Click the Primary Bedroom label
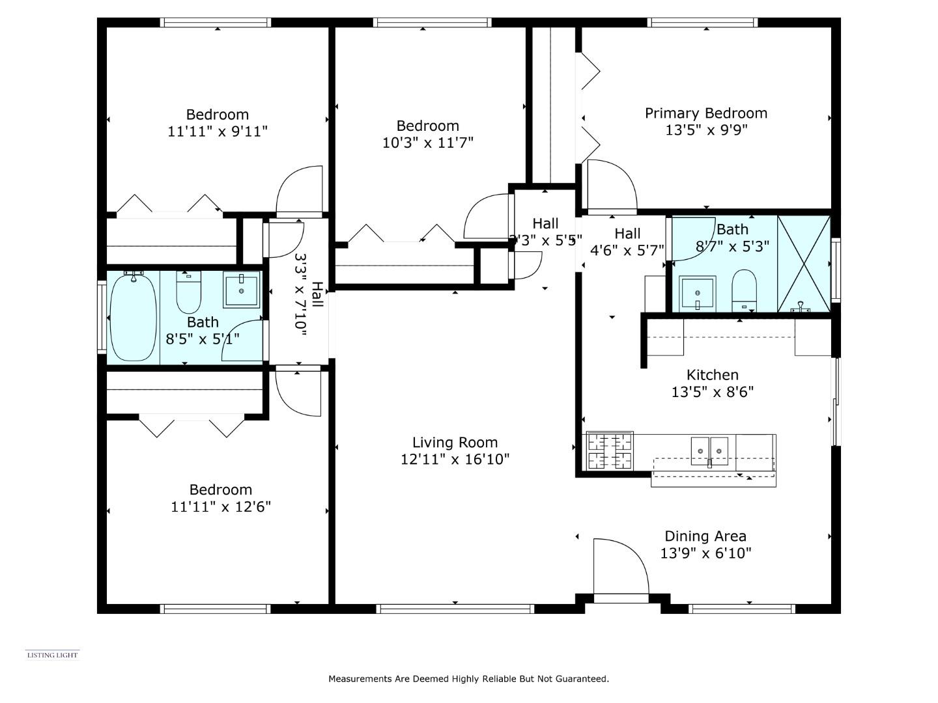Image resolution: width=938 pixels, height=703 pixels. (706, 113)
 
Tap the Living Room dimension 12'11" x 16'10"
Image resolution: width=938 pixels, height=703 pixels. (455, 460)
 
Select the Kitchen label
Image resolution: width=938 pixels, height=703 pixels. (713, 375)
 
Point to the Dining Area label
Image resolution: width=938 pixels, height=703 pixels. (705, 536)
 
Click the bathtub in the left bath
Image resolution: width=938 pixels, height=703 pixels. (133, 317)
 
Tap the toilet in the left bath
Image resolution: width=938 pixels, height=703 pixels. (189, 293)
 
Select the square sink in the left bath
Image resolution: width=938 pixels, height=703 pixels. (241, 290)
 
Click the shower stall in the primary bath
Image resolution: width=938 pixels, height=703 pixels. (804, 264)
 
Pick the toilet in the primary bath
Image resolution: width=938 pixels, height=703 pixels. (744, 290)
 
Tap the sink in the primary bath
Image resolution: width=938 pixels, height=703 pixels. (697, 294)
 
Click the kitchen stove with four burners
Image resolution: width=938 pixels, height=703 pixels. (610, 451)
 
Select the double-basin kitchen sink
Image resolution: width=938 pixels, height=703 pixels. (709, 450)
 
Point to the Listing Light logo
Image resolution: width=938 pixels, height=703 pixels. (52, 655)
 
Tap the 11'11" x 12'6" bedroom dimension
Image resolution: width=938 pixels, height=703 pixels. (221, 506)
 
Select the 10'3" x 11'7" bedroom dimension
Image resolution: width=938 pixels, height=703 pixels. (427, 143)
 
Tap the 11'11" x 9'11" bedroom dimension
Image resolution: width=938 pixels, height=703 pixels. (218, 131)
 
